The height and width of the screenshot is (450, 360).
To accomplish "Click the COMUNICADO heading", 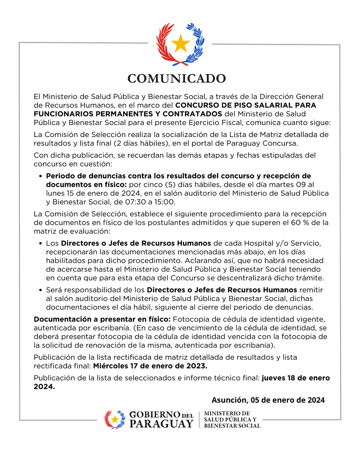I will [177, 79].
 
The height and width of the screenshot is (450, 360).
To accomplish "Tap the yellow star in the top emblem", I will [180, 43].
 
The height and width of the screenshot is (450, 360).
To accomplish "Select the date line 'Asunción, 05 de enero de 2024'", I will [268, 400].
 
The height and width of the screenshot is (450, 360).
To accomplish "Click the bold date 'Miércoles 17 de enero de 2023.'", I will [150, 366].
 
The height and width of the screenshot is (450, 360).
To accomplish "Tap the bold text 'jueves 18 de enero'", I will [296, 378].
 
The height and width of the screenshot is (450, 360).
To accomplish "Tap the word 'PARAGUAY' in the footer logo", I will [161, 424].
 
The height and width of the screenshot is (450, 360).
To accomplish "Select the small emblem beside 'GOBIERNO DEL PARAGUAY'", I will [115, 419].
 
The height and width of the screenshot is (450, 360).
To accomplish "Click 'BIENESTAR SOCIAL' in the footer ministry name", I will [232, 426].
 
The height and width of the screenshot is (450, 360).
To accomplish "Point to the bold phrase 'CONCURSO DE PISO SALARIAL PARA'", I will [246, 105].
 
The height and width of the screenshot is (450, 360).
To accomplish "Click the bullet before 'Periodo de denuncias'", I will [40, 176].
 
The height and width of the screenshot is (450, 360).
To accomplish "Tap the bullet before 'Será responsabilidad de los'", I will [40, 290].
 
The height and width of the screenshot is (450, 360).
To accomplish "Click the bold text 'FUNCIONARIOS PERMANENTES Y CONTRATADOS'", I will [128, 113].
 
